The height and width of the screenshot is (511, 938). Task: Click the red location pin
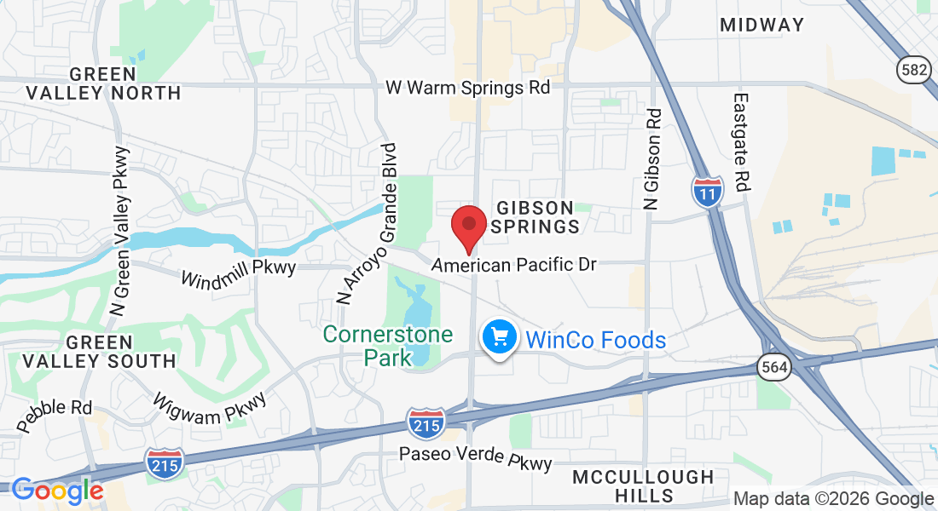468,224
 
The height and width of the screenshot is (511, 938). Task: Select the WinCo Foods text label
595,340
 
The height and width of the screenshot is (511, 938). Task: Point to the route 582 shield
913,70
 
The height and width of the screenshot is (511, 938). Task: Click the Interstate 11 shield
707,191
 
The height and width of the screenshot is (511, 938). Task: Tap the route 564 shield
773,367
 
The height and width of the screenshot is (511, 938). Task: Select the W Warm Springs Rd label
467,87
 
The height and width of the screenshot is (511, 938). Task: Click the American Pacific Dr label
514,265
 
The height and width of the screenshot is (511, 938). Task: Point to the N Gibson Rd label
653,158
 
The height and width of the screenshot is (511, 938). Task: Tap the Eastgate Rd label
740,142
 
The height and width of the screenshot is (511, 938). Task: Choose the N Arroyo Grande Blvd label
366,223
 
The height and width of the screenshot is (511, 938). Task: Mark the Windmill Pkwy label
238,273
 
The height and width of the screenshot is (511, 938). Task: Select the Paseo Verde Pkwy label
476,458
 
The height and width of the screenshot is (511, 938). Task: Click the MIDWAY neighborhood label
761,25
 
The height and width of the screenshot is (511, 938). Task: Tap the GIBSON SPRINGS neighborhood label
537,217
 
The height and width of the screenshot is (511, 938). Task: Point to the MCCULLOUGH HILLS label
643,485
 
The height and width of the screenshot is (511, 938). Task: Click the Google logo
57,491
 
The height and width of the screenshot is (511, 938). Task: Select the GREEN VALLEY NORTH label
103,83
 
